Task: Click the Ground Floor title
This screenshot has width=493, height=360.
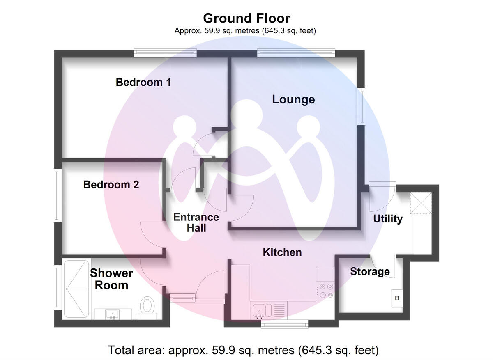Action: coord(246,18)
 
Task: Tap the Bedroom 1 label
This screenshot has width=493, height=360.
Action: coord(143,82)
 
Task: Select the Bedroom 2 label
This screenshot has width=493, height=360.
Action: coord(111,185)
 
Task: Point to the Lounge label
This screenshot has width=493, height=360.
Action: coord(293,99)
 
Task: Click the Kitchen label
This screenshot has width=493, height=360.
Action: coord(282,252)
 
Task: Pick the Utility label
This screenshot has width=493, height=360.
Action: coord(387,219)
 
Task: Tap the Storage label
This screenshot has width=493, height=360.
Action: coord(370,271)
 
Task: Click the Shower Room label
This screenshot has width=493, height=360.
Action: coord(111,279)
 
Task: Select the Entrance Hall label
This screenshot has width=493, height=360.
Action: coord(196,222)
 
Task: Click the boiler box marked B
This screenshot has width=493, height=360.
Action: coord(397,298)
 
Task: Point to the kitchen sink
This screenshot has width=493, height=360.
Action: coord(259,311)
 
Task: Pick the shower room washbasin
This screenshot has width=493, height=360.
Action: coord(112,314)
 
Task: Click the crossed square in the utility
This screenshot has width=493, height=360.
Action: coord(422,203)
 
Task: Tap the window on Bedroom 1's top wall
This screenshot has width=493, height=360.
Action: coord(165,53)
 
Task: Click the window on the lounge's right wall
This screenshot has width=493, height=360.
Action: coord(362,106)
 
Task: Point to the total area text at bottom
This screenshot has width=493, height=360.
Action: coord(243,350)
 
